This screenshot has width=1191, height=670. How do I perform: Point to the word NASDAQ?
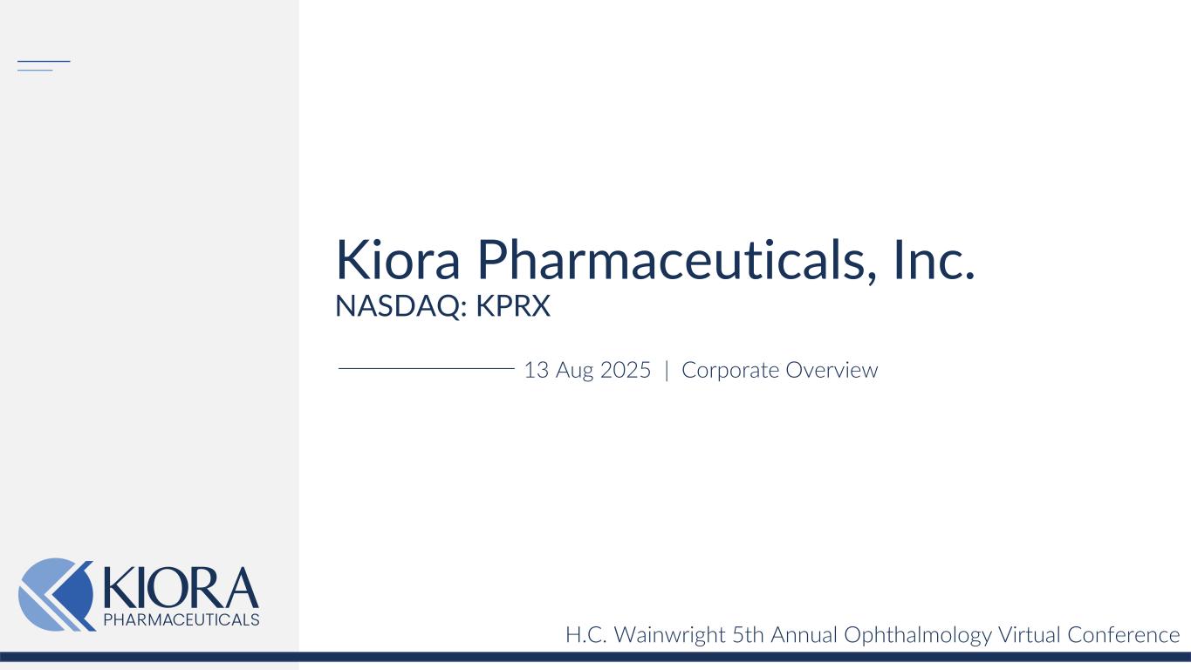[x=401, y=307]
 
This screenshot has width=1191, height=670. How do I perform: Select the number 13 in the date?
[x=536, y=370]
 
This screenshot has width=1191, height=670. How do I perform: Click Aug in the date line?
[x=574, y=371]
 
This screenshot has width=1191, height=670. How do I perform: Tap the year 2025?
[x=626, y=370]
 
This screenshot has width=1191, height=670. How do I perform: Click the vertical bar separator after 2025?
[x=667, y=370]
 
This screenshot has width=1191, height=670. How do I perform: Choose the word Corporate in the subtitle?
[x=730, y=370]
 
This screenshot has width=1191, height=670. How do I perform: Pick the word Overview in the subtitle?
[x=832, y=370]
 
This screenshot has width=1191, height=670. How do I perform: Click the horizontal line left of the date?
[x=426, y=369]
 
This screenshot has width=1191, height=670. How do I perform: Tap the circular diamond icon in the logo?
[x=56, y=594]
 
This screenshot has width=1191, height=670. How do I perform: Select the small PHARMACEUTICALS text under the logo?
[x=181, y=619]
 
